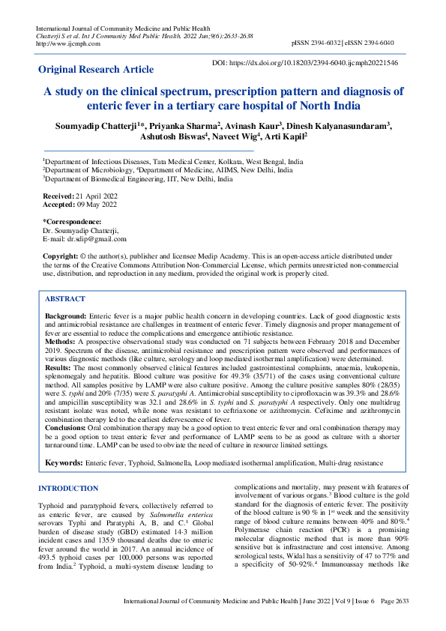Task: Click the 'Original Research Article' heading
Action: [96, 70]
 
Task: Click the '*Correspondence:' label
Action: [72, 222]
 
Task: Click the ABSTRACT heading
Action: [65, 298]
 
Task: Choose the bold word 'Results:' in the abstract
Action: [59, 369]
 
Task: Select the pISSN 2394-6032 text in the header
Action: [320, 43]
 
